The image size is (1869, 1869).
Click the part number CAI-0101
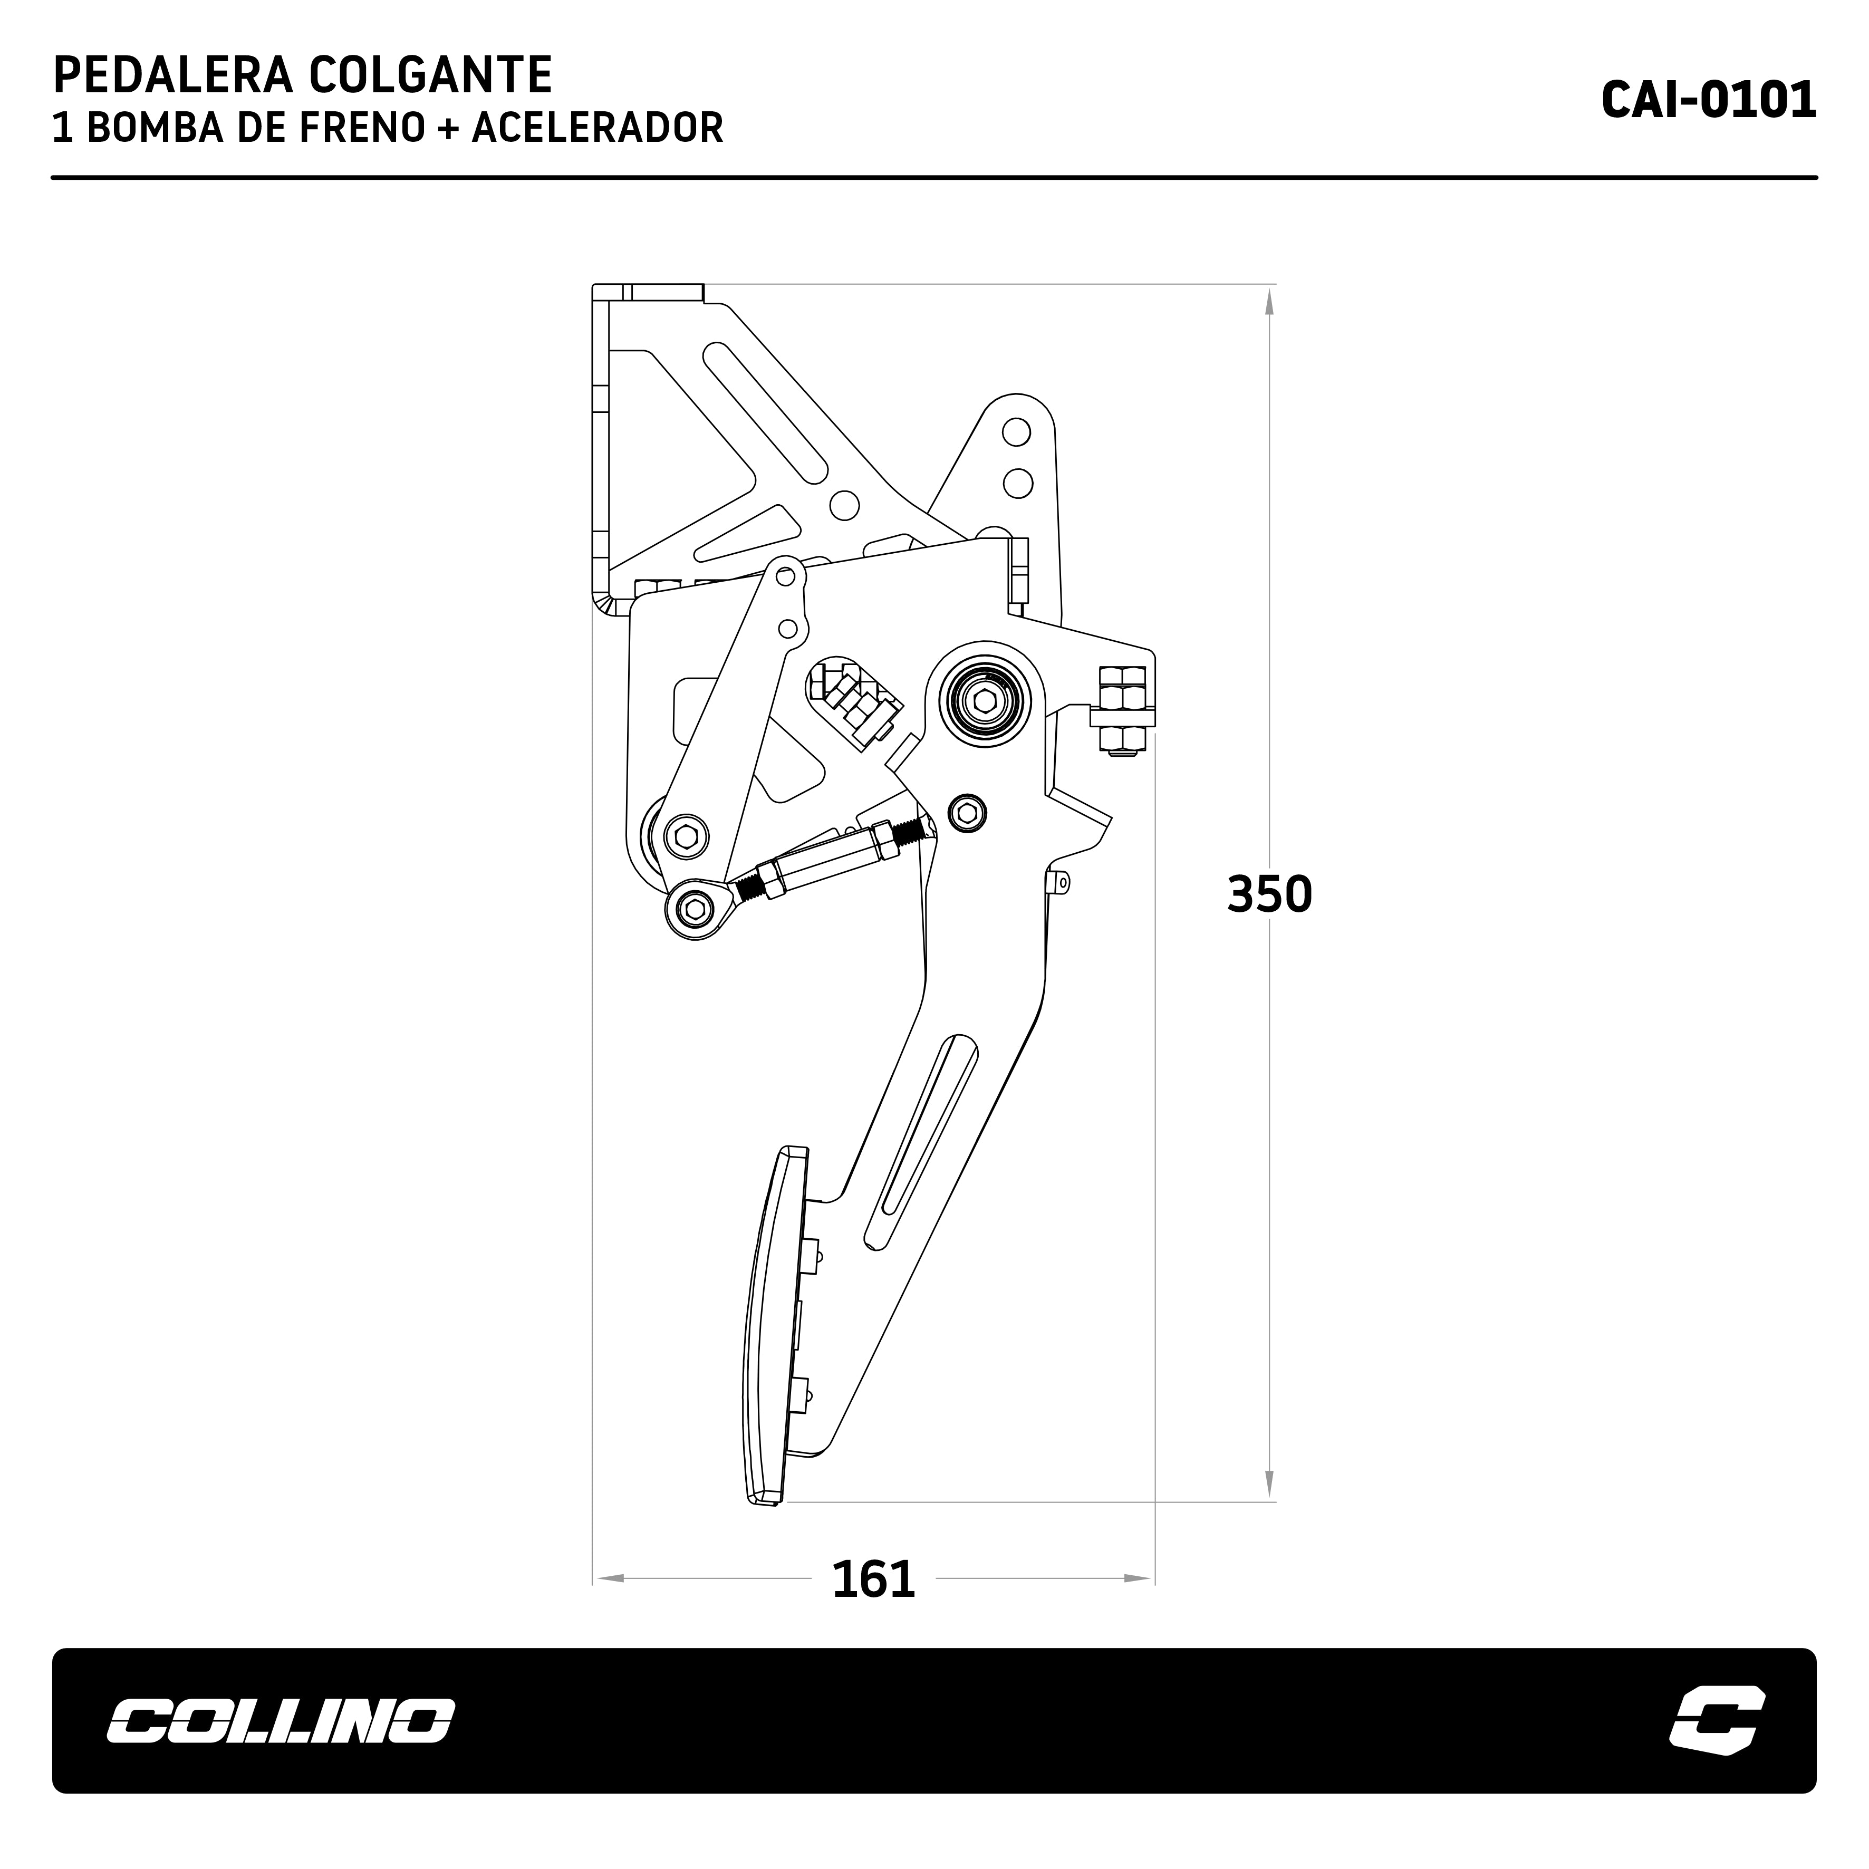[x=1708, y=100]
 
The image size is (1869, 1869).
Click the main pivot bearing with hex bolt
[x=984, y=700]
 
